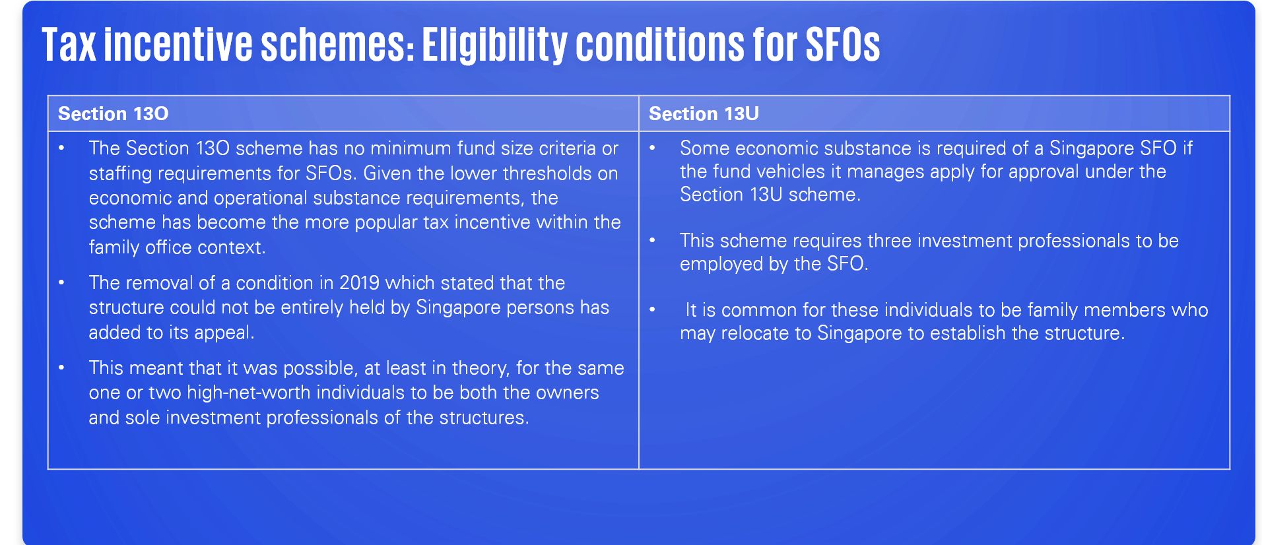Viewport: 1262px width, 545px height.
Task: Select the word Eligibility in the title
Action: pyautogui.click(x=494, y=46)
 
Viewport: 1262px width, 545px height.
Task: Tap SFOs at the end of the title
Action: pyautogui.click(x=842, y=45)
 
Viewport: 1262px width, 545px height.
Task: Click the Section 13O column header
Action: pyautogui.click(x=114, y=113)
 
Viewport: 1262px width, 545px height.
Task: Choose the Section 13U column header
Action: pyautogui.click(x=704, y=113)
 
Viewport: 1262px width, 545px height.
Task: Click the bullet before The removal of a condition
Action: pyautogui.click(x=61, y=283)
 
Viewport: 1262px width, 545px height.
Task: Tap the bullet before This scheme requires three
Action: pyautogui.click(x=652, y=241)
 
